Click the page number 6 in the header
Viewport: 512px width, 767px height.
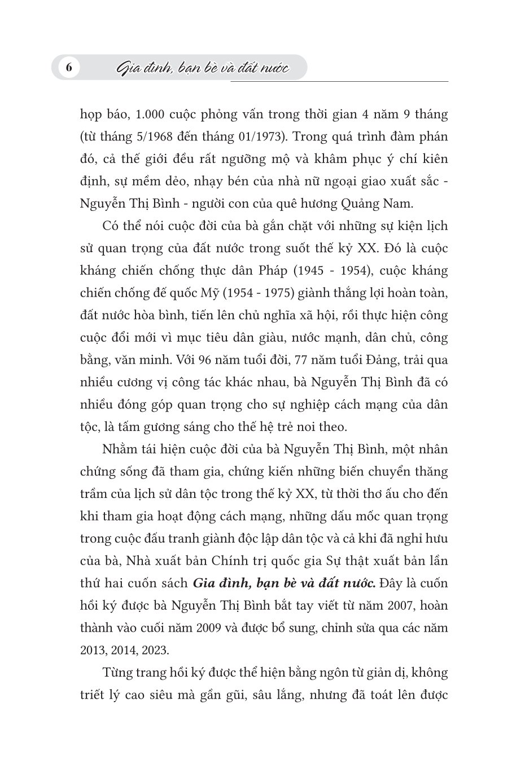point(68,68)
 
